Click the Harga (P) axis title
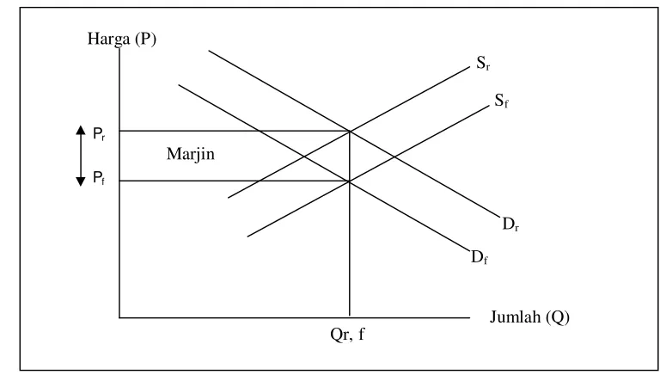tap(122, 40)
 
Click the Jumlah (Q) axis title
tap(529, 317)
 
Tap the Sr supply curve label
tap(483, 63)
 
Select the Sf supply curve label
tap(501, 101)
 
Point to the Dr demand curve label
tap(510, 224)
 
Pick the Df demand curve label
tap(479, 257)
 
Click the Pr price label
tap(99, 134)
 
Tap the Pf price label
tap(99, 178)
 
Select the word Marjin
tap(191, 154)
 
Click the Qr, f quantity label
tap(347, 335)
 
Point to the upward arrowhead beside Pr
tap(81, 130)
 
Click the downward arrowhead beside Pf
tap(81, 181)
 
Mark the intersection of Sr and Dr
tap(350, 132)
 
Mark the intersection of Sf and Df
tap(350, 181)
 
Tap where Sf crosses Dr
tap(394, 157)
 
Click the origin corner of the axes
tap(119, 317)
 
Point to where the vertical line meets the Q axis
tap(350, 317)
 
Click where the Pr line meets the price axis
tap(119, 131)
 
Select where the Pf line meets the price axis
tap(119, 181)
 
